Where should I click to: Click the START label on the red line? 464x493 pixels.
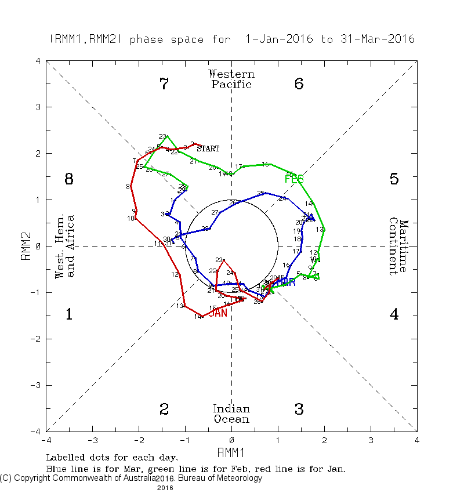click(208, 148)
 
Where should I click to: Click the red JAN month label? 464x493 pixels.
click(217, 313)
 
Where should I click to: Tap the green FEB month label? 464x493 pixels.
click(294, 179)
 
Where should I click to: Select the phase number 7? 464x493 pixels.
click(164, 84)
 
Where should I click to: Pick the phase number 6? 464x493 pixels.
click(299, 84)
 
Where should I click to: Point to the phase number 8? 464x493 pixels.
click(68, 179)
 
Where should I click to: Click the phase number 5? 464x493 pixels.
click(394, 179)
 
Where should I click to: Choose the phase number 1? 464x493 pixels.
click(68, 315)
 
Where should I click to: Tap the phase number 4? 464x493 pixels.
click(394, 315)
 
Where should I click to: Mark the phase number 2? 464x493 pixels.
click(164, 409)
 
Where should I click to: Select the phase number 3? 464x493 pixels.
click(299, 409)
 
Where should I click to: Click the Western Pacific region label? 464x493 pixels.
click(231, 79)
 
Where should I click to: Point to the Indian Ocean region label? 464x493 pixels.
click(231, 414)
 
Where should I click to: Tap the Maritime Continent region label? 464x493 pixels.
click(398, 246)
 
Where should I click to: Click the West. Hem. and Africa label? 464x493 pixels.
click(65, 246)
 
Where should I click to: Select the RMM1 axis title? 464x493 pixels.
click(231, 452)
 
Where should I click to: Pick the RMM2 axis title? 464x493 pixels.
click(26, 246)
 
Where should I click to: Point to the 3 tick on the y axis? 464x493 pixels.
click(38, 107)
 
